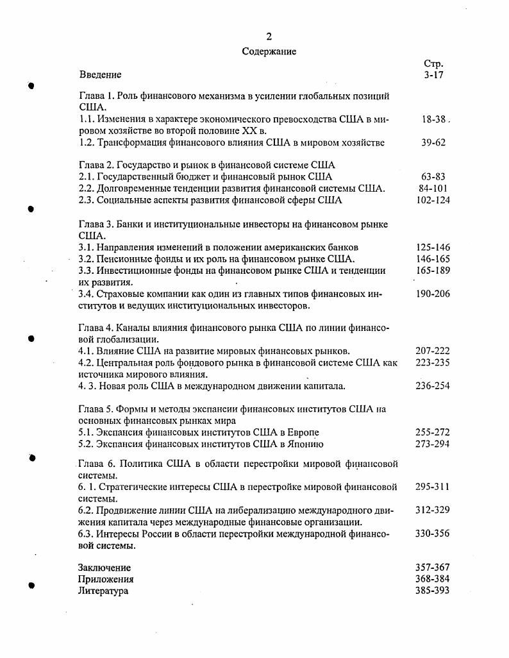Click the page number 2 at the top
click(x=269, y=37)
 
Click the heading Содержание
click(x=269, y=51)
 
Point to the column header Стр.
click(x=434, y=63)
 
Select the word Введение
click(x=100, y=75)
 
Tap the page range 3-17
click(x=434, y=75)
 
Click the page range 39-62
click(x=433, y=142)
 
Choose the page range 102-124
click(x=433, y=200)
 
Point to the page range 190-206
click(x=433, y=294)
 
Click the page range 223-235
click(x=433, y=363)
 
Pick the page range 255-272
click(x=433, y=432)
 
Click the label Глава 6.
click(x=98, y=464)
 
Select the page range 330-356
click(x=433, y=534)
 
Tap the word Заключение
click(x=104, y=568)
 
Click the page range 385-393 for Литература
click(x=433, y=591)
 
